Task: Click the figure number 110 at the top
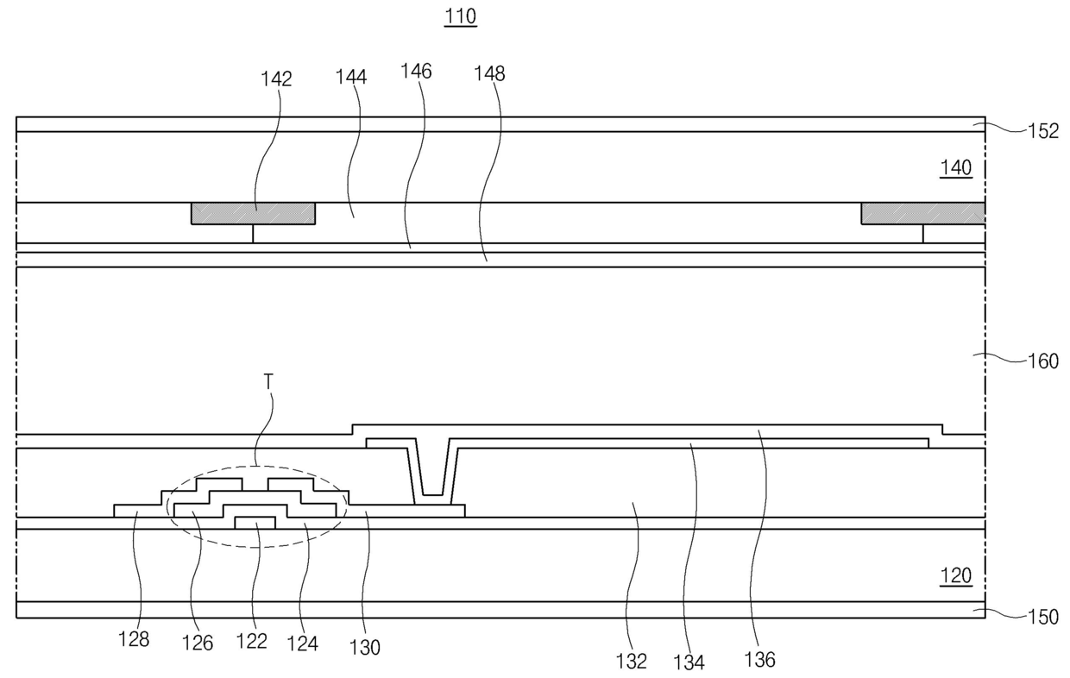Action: tap(460, 17)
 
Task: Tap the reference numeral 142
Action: tap(276, 79)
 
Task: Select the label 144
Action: tap(351, 77)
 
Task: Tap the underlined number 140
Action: tap(956, 168)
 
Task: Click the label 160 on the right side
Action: tap(1042, 361)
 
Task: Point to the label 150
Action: tap(1042, 618)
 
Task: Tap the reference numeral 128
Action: tap(134, 639)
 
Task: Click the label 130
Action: tap(364, 646)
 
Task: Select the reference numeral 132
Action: tap(632, 661)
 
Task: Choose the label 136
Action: tap(759, 659)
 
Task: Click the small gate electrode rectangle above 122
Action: tap(255, 522)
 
